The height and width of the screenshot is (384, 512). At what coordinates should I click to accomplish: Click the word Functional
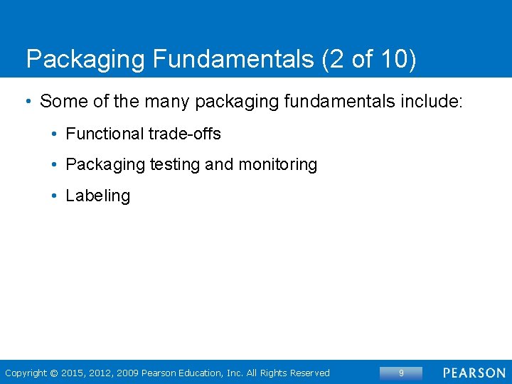coord(104,134)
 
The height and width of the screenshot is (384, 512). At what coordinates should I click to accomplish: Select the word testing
coord(174,165)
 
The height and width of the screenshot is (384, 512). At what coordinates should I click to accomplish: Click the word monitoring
coord(278,165)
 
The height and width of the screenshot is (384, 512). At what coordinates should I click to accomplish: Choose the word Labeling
coord(97,196)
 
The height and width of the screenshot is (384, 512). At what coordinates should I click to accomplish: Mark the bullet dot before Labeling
coord(55,196)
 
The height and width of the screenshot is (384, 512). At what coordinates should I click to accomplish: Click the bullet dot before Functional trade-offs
coord(55,134)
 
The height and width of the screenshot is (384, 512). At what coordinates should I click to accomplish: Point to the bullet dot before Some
coord(28,102)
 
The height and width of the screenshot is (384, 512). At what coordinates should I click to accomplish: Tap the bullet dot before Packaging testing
coord(55,165)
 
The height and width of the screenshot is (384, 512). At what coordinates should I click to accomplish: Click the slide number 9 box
coord(401,373)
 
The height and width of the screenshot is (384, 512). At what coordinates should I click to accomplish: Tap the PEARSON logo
coord(474,373)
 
